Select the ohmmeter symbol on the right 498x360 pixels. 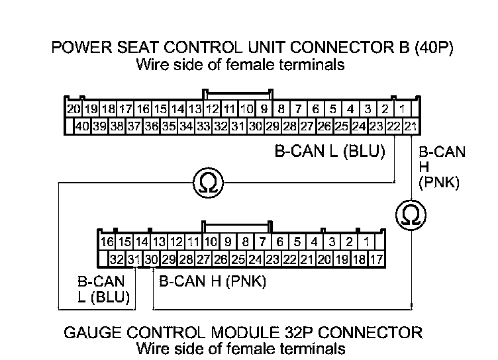(411, 213)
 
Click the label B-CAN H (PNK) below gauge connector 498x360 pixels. (213, 281)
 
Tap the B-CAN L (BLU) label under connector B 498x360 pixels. (330, 152)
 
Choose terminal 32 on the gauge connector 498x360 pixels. (117, 259)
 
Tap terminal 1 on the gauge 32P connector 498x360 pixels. (367, 242)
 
